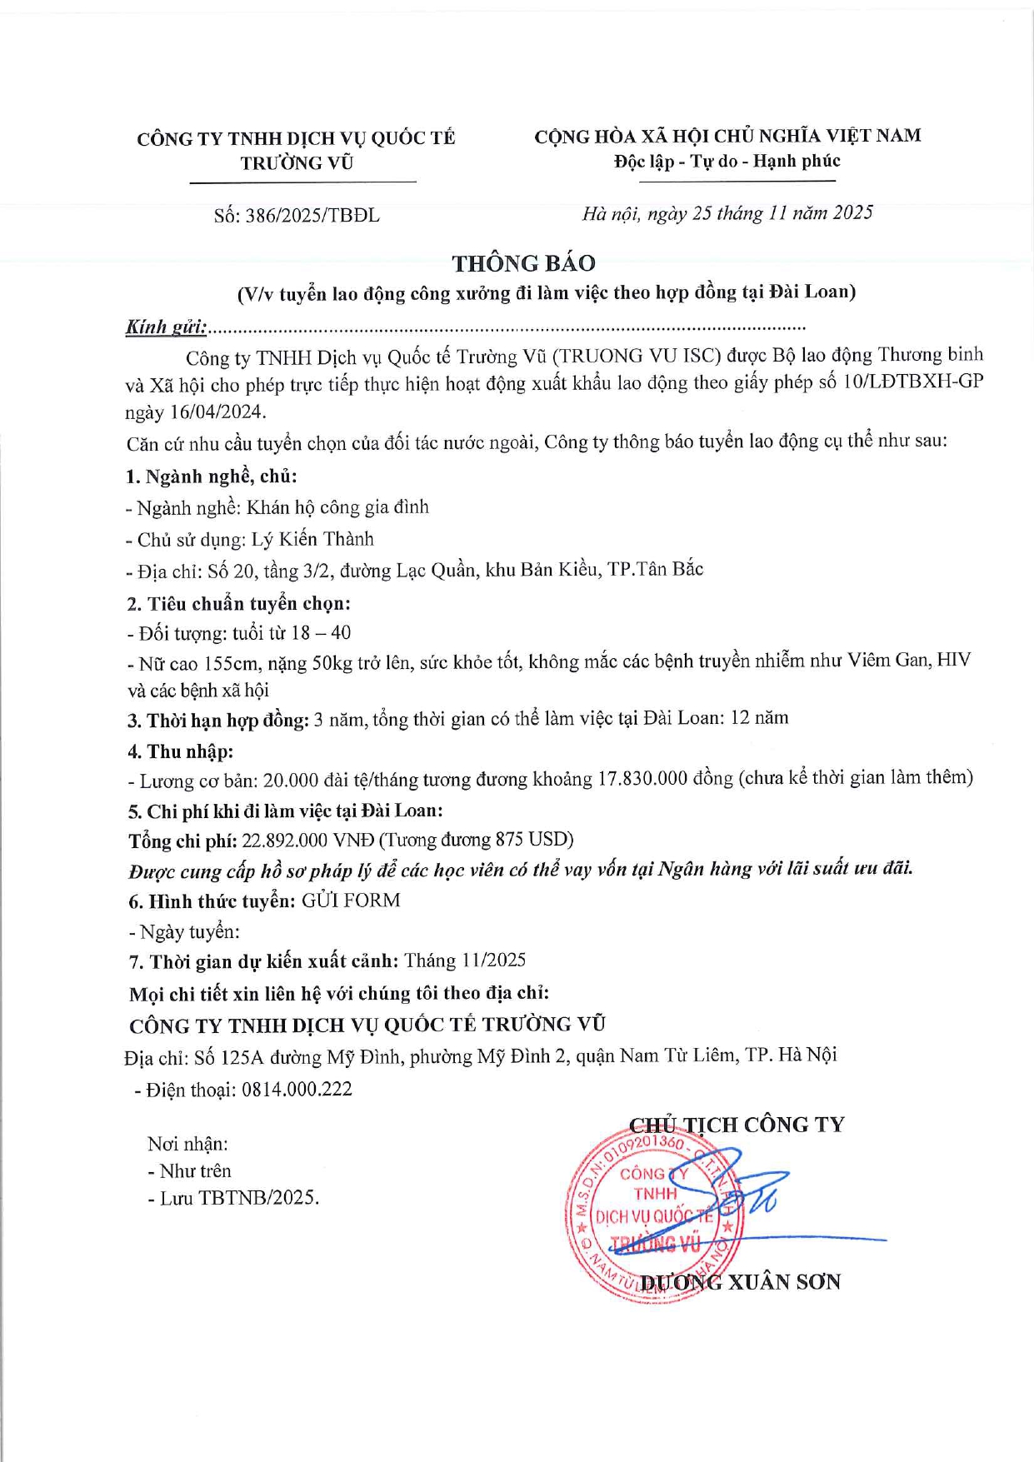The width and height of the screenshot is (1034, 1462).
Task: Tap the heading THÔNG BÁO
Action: click(523, 263)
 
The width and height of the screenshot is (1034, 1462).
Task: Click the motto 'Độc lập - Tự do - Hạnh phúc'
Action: click(727, 162)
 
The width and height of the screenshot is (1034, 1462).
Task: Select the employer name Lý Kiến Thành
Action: click(312, 539)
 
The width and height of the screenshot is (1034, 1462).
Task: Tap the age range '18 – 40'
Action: click(321, 633)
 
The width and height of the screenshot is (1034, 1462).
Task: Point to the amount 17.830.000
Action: click(642, 779)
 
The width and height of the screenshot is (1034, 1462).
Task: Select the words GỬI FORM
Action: click(351, 901)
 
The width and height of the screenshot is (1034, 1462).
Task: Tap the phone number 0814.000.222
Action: click(297, 1090)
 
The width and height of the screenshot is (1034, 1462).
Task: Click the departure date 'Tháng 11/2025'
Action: click(465, 961)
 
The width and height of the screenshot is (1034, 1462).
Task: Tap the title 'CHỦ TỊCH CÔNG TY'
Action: click(737, 1125)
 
